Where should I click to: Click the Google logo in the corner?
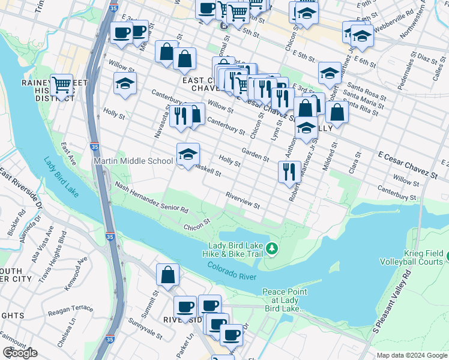coord(20,353)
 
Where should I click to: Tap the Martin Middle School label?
coord(133,161)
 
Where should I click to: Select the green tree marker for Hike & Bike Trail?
coord(272,248)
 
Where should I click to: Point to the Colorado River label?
coord(232,271)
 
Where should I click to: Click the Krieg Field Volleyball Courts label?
coord(412,257)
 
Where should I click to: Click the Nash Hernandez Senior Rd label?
coord(151,199)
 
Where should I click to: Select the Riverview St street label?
coord(243,201)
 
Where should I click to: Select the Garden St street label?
coord(255,154)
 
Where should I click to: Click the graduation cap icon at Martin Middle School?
coord(187,154)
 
